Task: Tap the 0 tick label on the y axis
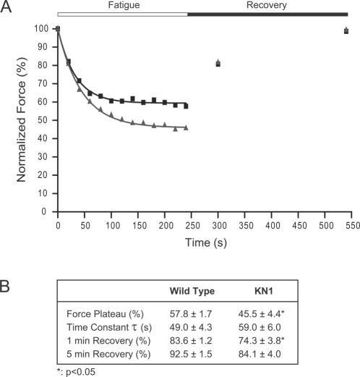(x=48, y=213)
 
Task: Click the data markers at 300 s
(x=218, y=64)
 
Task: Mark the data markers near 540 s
(x=347, y=30)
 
